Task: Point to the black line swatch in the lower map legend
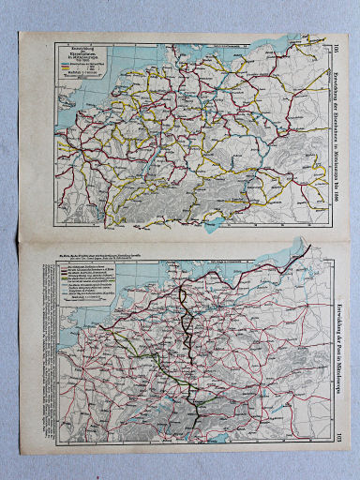(65, 267)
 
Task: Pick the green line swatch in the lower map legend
(65, 278)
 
